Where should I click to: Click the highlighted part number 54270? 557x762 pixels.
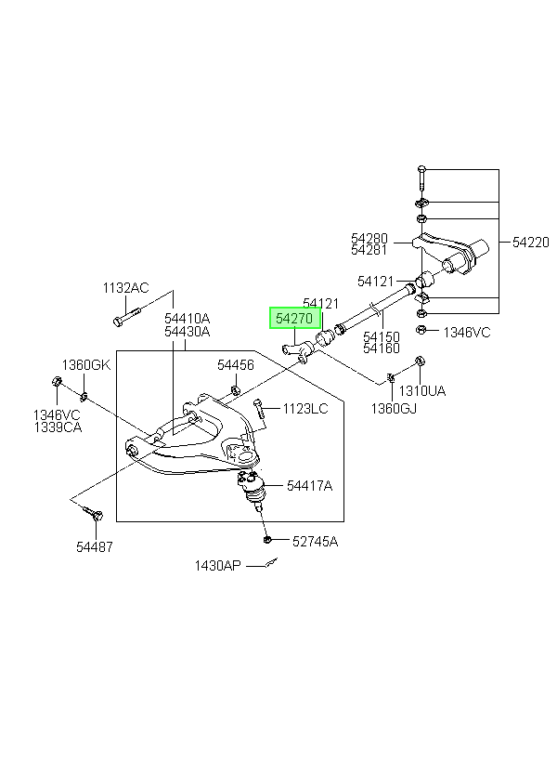[294, 319]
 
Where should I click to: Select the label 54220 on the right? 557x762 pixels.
[531, 242]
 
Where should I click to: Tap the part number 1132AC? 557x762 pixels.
[125, 288]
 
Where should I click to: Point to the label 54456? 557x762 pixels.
[236, 364]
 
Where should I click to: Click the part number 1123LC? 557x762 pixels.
[305, 408]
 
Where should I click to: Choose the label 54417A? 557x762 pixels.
[309, 485]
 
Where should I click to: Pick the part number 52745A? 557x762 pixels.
[315, 541]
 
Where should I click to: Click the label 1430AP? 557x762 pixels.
[217, 566]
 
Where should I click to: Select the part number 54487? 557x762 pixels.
[94, 546]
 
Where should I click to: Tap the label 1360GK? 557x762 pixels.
[86, 364]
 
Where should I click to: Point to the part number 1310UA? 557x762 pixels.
[422, 390]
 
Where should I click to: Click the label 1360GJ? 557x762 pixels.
[394, 409]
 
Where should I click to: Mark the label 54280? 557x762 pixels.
[369, 238]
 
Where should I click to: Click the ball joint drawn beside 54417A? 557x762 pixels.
[252, 490]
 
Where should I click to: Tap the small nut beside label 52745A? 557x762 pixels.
[266, 539]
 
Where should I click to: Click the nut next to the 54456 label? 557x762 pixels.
[235, 389]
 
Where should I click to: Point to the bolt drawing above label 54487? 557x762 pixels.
[93, 513]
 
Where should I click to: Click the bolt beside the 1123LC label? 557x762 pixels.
[259, 408]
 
